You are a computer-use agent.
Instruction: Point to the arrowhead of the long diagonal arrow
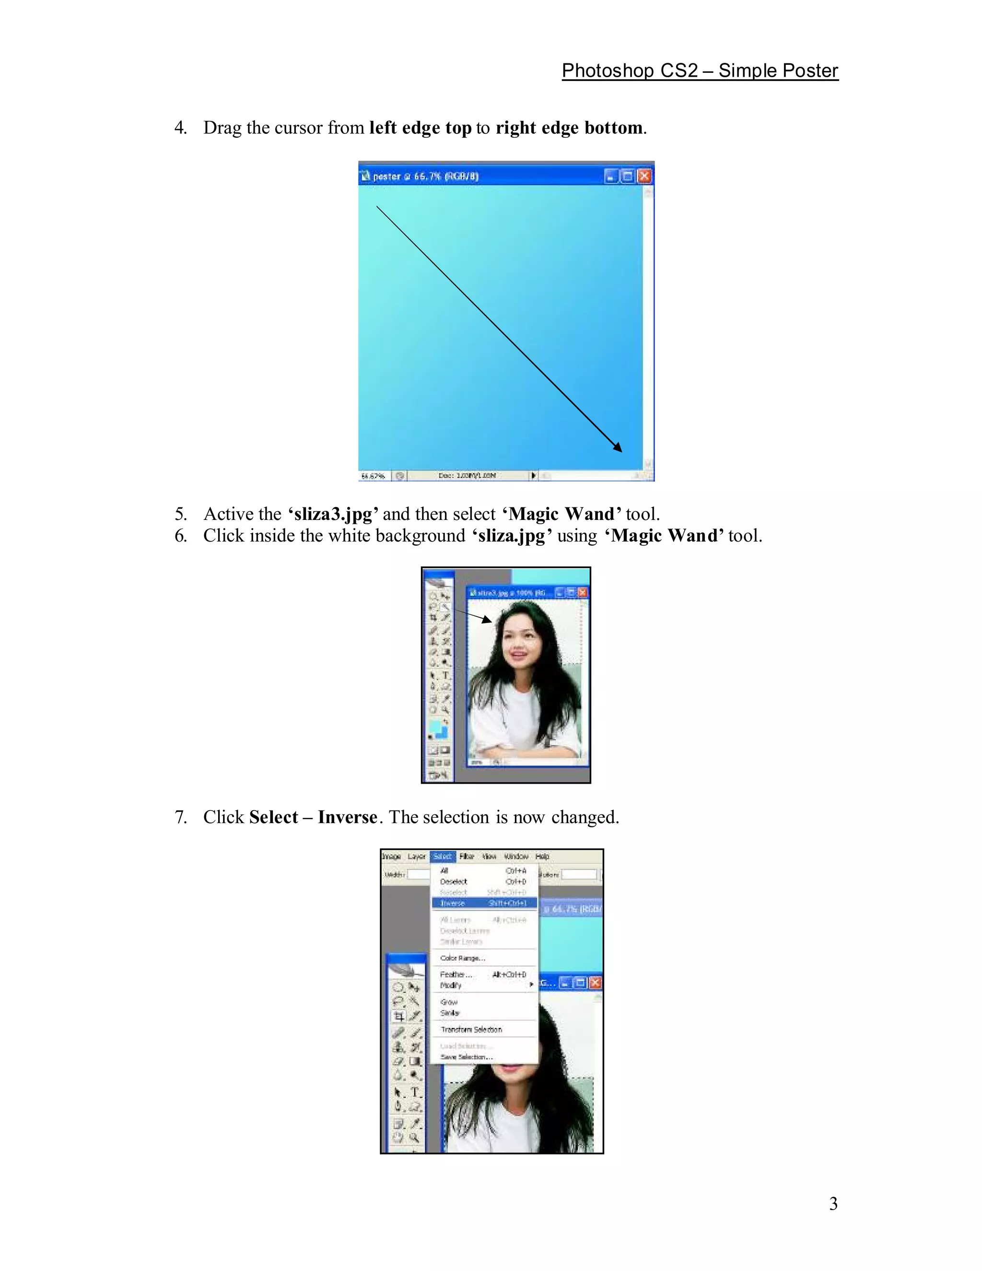[618, 447]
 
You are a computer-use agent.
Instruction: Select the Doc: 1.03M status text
[467, 475]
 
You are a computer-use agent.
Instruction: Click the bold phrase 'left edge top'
[420, 128]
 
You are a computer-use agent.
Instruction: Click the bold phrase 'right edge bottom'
[569, 128]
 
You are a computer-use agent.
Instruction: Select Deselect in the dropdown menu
[454, 882]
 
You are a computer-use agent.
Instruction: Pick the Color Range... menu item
[463, 958]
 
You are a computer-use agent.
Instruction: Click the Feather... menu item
[456, 974]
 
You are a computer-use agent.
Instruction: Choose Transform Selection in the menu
[471, 1029]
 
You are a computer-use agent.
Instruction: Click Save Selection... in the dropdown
[467, 1057]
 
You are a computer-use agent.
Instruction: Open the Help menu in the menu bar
[542, 857]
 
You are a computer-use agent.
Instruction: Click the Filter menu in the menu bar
[467, 857]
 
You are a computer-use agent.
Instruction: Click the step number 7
[181, 817]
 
